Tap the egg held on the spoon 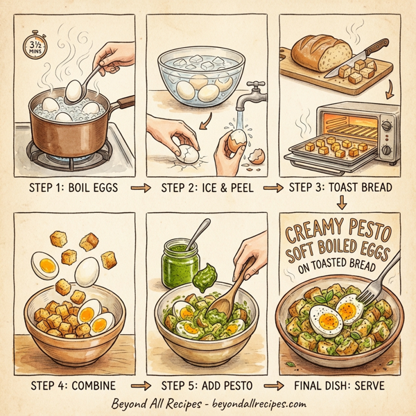tap(73, 88)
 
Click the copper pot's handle tap(123, 103)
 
